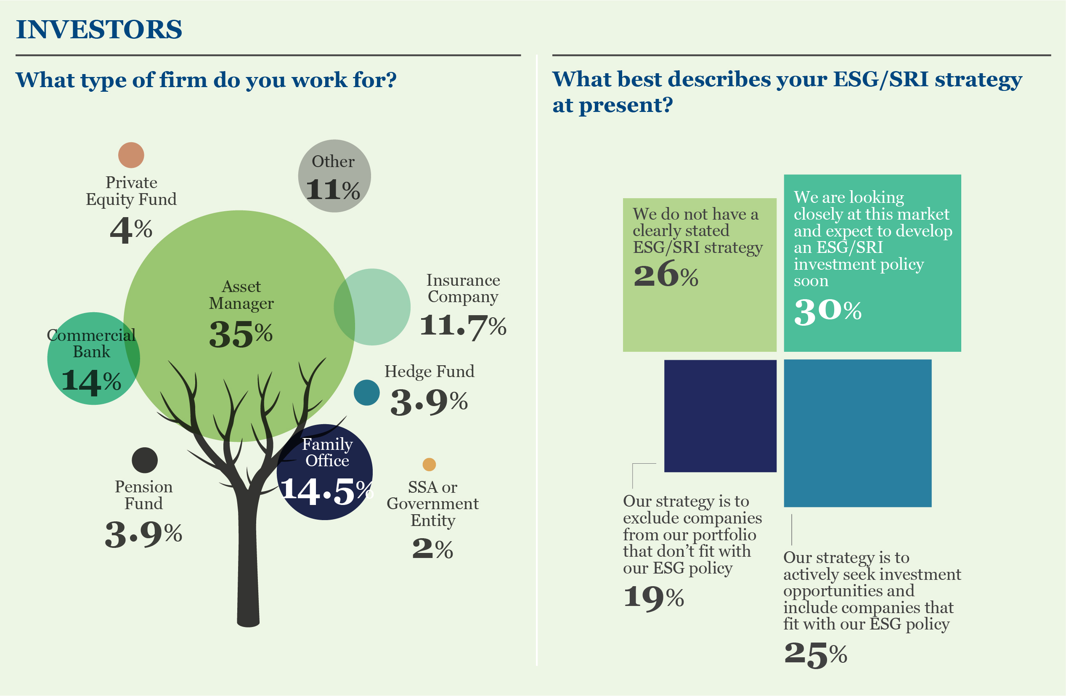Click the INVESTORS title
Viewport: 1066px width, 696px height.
(99, 29)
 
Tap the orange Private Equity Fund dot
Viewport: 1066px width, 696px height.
(131, 155)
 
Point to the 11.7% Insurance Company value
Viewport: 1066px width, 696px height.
(463, 326)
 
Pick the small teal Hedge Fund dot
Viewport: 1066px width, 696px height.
(366, 393)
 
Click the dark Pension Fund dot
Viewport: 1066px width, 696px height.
(145, 460)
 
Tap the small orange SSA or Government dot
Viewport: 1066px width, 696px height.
(429, 464)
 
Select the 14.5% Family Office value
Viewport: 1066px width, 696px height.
(326, 491)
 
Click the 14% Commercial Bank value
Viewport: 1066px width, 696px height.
(91, 381)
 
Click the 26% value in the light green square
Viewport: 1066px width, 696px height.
(666, 275)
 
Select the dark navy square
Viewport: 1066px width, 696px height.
(720, 415)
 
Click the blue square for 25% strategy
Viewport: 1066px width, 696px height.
(857, 433)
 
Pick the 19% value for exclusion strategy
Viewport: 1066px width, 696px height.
(653, 598)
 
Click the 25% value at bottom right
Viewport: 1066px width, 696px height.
(815, 654)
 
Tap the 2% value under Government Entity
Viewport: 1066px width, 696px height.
(432, 549)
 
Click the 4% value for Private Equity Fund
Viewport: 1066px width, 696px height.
(131, 230)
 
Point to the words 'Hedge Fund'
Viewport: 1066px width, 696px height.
(429, 371)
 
